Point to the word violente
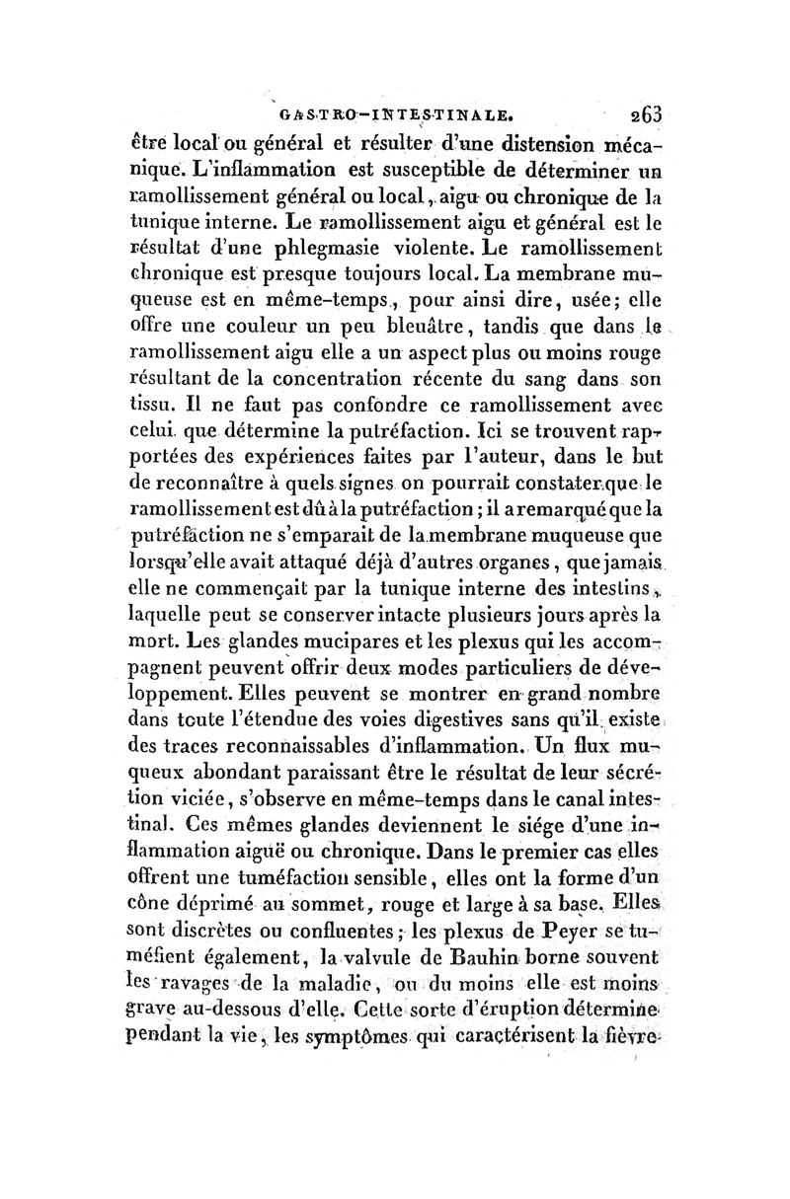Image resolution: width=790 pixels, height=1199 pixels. click(468, 236)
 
